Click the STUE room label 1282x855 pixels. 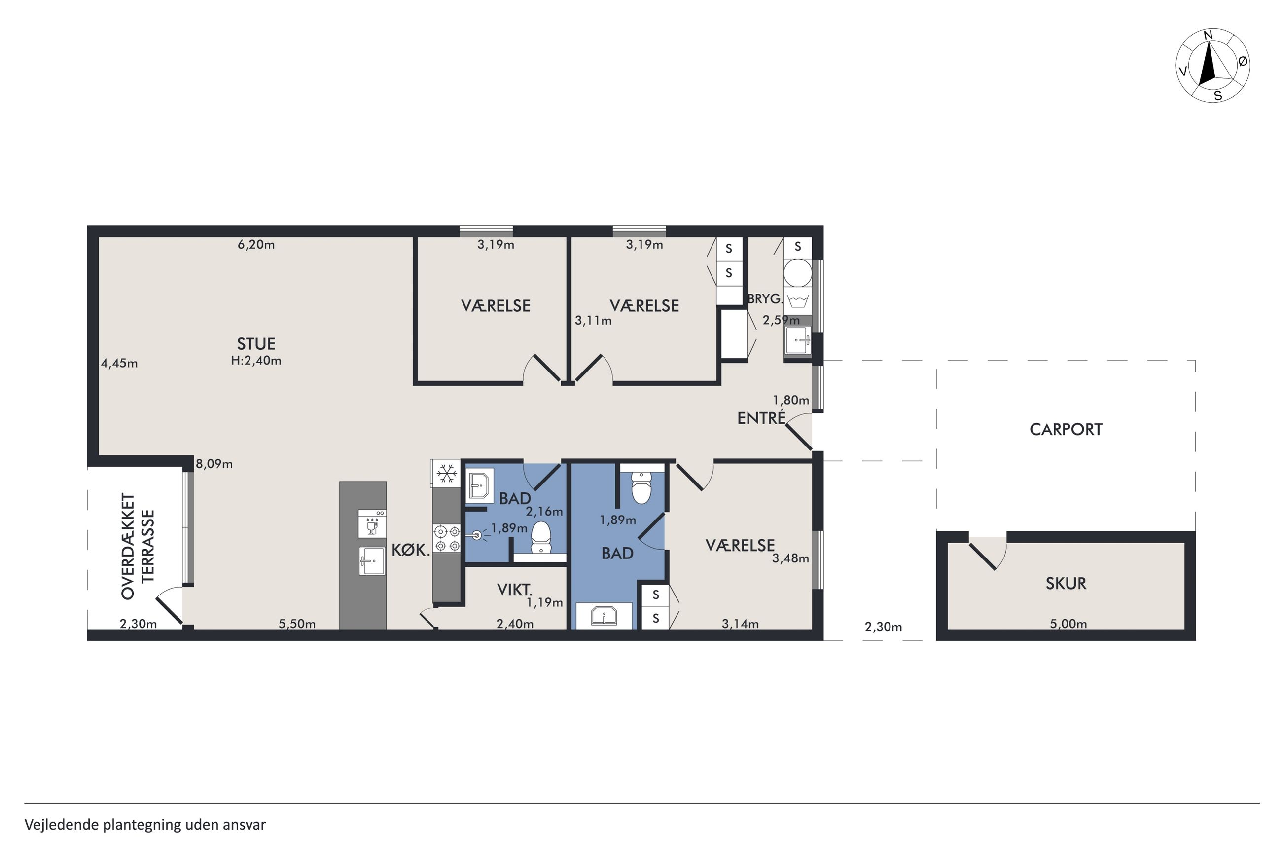coord(256,344)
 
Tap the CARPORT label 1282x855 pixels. coord(1065,430)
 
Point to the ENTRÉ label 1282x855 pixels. coord(761,418)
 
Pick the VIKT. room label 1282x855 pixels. coord(514,590)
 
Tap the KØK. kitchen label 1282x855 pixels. coord(411,550)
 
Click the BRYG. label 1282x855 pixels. coord(765,299)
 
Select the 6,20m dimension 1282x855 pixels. coord(256,244)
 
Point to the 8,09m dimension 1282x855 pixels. coord(214,464)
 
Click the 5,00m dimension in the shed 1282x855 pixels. coord(1068,624)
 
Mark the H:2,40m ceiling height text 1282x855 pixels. coord(256,361)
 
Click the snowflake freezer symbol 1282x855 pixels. coord(447,473)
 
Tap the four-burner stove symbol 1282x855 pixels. coord(447,538)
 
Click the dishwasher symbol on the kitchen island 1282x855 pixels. coord(372,523)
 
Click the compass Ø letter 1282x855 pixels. coord(1243,62)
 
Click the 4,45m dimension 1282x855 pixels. coord(119,363)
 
